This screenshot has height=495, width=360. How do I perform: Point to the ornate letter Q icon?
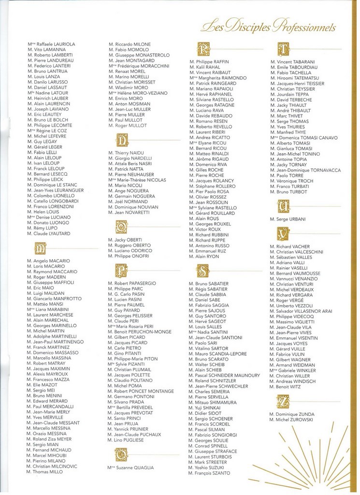pos(121,454)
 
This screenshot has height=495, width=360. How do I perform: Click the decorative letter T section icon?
pos(283,49)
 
